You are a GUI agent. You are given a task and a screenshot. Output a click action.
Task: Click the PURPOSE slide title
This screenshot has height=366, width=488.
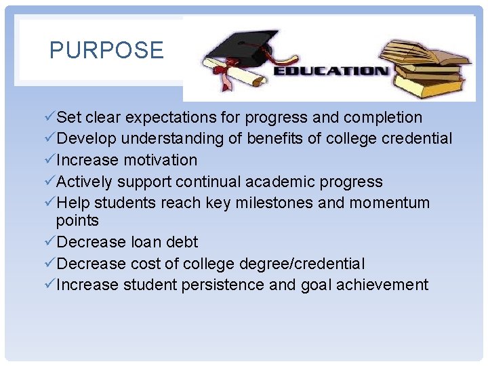(106, 50)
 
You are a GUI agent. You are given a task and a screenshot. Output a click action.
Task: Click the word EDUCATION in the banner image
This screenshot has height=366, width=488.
(330, 70)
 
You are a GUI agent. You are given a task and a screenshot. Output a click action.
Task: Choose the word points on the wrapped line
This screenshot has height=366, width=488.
(77, 220)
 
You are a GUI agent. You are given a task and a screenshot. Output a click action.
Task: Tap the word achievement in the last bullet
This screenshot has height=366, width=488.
(385, 285)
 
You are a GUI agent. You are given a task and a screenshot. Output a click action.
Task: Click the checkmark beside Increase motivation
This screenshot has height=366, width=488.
(48, 160)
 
